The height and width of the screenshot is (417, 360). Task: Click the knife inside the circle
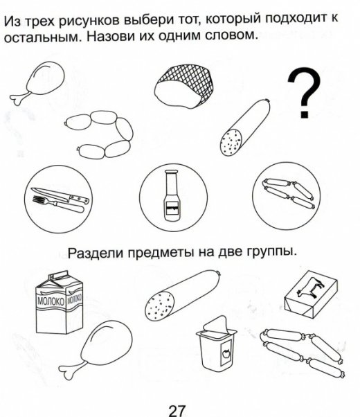60,195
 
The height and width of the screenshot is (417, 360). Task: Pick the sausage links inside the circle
289,193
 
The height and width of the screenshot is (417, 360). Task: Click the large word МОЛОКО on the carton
51,301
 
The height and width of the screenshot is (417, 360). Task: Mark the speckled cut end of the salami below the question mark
231,143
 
